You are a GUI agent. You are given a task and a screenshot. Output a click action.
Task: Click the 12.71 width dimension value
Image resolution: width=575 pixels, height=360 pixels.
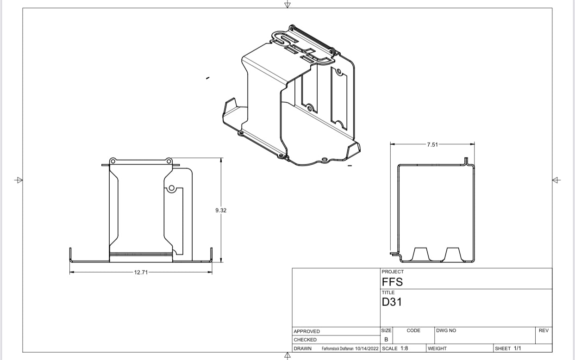click(x=141, y=273)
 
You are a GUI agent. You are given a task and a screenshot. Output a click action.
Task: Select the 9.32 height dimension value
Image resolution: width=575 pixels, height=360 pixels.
click(x=221, y=210)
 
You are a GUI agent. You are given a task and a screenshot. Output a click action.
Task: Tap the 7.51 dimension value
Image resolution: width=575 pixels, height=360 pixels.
click(x=432, y=144)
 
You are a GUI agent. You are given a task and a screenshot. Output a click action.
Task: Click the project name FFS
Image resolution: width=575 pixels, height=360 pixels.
click(x=392, y=282)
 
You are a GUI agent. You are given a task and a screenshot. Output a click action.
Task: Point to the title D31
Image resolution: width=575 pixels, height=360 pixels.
click(x=392, y=302)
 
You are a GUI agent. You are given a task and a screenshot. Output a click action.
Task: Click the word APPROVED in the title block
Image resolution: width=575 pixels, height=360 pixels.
click(x=306, y=331)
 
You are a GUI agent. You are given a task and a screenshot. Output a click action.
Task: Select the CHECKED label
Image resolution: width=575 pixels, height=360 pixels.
click(x=305, y=340)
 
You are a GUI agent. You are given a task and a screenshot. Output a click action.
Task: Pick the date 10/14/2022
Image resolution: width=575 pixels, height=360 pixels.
click(x=367, y=348)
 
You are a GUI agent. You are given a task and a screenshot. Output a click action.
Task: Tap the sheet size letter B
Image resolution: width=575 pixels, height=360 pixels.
click(x=386, y=339)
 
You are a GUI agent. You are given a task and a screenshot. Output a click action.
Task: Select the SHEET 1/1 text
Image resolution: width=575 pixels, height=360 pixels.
click(x=508, y=348)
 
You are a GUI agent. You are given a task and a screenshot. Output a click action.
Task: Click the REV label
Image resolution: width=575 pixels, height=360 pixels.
click(x=544, y=330)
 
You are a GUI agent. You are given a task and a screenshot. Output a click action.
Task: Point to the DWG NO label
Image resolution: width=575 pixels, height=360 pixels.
click(x=446, y=330)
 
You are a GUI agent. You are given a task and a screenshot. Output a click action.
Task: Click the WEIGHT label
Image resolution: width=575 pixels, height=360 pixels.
click(x=437, y=348)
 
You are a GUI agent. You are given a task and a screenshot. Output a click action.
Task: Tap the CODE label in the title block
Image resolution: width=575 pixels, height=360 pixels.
click(x=413, y=330)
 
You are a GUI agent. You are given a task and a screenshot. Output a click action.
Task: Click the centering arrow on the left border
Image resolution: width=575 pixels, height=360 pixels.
click(x=19, y=180)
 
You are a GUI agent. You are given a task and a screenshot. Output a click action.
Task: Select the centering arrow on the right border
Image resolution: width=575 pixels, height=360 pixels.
click(x=556, y=180)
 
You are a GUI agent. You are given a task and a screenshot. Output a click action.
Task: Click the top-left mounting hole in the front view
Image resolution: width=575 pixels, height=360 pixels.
click(x=112, y=161)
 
